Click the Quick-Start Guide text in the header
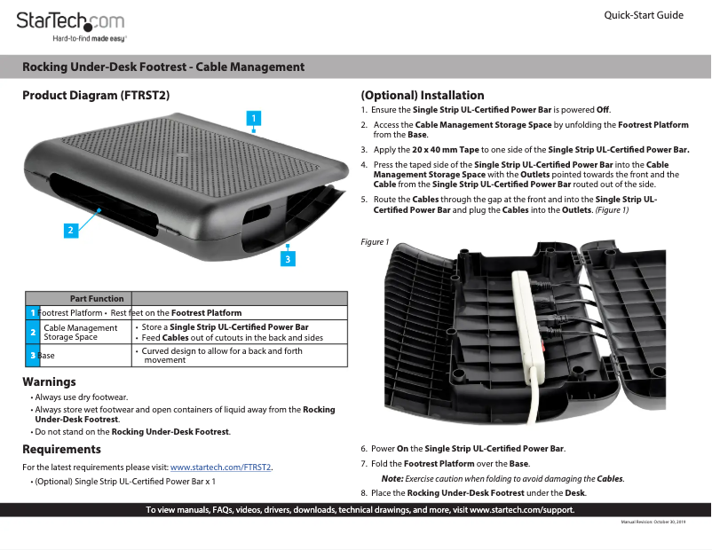[644, 16]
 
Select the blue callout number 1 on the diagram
[253, 117]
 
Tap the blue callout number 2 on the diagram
[70, 229]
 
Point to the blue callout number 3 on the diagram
[287, 258]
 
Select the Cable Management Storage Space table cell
[81, 333]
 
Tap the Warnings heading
[49, 382]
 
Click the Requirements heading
[61, 450]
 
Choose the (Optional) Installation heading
[422, 95]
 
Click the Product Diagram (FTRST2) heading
[96, 95]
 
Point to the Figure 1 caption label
[375, 242]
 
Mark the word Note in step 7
[392, 479]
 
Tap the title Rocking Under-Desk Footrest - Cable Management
[163, 67]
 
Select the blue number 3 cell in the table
[32, 356]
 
